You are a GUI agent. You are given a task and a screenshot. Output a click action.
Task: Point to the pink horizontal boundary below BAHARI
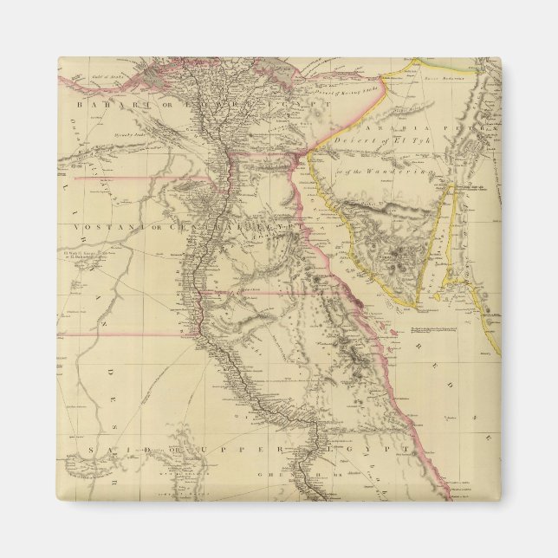click(x=139, y=178)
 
